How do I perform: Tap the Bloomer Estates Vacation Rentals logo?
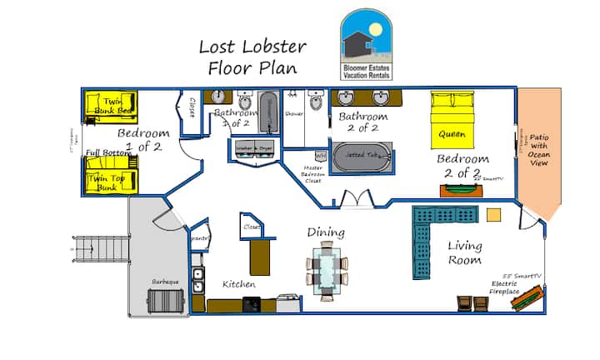point(372,46)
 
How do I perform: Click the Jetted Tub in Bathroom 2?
point(362,157)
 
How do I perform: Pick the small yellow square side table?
point(494,214)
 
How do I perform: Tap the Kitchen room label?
point(238,284)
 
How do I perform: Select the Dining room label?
point(326,232)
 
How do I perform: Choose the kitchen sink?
point(197,280)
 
